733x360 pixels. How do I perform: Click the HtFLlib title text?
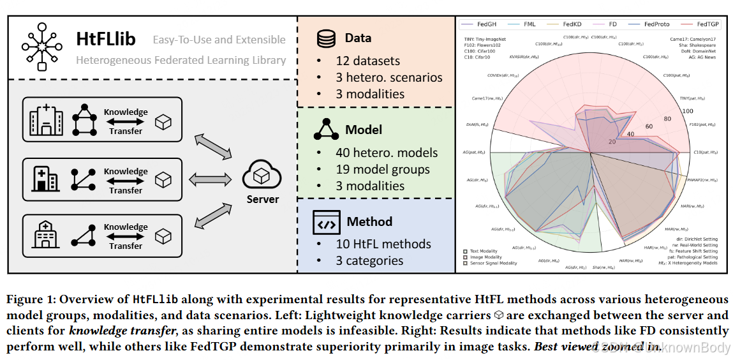coord(105,39)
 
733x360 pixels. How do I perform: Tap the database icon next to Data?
coord(326,38)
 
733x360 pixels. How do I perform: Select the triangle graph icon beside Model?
coord(326,130)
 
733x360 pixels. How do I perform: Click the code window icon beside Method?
coord(326,222)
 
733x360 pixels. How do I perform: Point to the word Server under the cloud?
coord(263,199)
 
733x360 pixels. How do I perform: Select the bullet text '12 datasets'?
coord(368,61)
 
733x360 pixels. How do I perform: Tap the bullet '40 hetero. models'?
coord(387,153)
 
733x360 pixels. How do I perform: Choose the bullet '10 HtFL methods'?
coord(383,244)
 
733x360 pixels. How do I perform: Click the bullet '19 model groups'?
coord(383,169)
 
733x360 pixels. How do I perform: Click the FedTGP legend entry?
coord(707,24)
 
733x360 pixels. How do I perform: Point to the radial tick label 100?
coord(687,111)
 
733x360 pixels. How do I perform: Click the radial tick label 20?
coord(612,141)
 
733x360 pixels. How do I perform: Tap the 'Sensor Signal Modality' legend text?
coord(494,263)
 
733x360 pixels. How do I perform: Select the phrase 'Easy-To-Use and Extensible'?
coord(219,40)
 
